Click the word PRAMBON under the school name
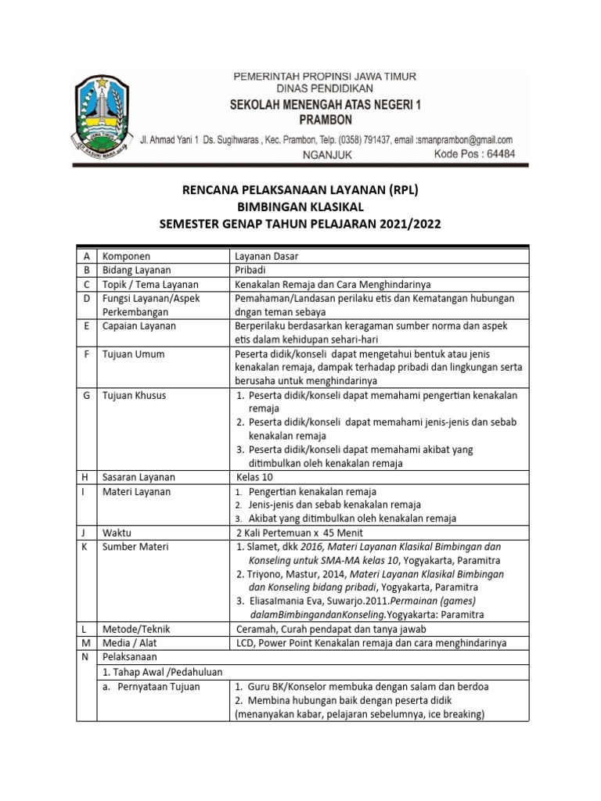[326, 120]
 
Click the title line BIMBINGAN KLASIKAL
[300, 207]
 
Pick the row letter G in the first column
[85, 396]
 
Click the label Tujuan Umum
[134, 354]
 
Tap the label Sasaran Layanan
[139, 477]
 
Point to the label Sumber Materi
[135, 547]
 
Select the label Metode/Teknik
[136, 629]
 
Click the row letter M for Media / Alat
[85, 643]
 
